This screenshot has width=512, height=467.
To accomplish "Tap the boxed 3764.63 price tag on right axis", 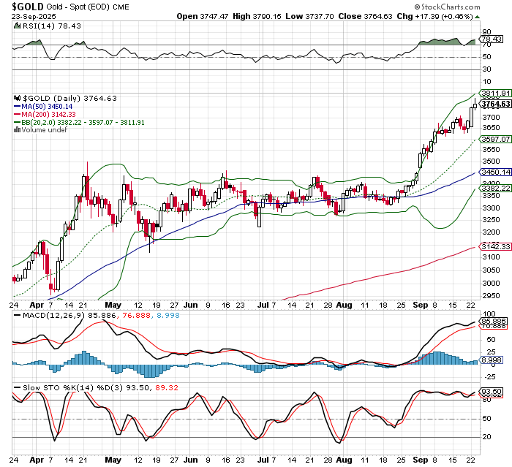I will click(x=495, y=104).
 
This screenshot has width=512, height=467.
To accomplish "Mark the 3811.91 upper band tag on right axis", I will click(x=495, y=94).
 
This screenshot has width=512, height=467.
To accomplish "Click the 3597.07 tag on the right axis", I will click(x=495, y=139).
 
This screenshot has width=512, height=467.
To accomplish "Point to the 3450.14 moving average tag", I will click(x=495, y=172).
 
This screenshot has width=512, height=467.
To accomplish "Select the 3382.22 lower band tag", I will click(x=495, y=188).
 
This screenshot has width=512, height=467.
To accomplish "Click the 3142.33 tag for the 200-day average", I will click(x=495, y=247).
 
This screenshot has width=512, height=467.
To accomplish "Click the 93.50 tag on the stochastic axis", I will click(x=492, y=392).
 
